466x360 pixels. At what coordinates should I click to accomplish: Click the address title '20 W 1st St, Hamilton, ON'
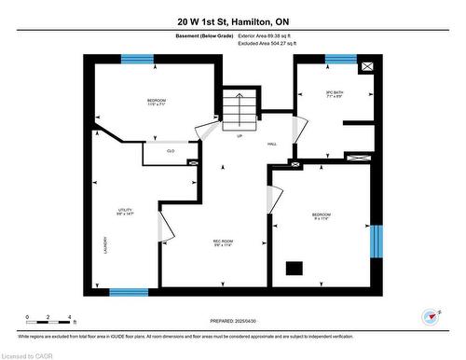pos(232,21)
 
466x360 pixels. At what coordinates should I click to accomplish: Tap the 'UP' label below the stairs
pos(240,136)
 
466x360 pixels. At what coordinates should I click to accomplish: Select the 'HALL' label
pos(272,144)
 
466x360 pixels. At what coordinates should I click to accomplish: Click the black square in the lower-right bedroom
pos(295,269)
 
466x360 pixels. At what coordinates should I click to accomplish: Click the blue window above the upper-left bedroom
pos(137,60)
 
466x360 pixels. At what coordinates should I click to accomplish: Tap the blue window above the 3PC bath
pos(341,60)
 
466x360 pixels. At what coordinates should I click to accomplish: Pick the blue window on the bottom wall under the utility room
pos(128,292)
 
